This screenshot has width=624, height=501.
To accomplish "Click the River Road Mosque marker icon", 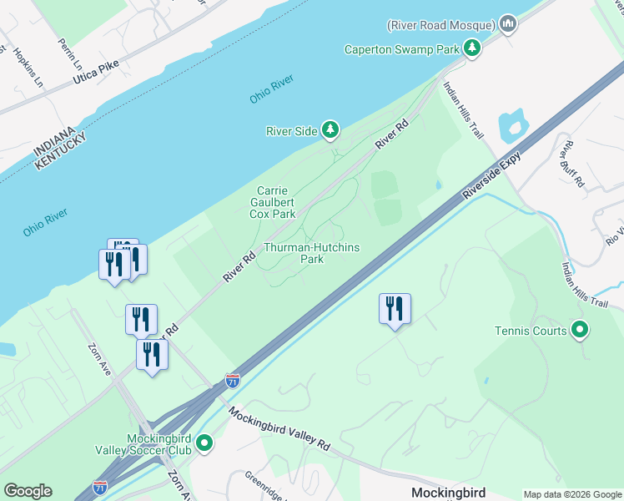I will [507, 23].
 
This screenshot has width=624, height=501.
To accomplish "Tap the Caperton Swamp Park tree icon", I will [472, 48].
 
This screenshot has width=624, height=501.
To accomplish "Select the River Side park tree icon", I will [331, 129].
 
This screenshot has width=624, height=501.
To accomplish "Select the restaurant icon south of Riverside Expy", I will [395, 308].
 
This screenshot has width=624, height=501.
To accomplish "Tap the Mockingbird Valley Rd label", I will [279, 430].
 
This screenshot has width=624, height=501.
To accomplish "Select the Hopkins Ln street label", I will [28, 68].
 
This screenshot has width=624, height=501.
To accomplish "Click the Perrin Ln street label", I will [71, 53].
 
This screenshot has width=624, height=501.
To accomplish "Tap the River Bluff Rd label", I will [573, 163].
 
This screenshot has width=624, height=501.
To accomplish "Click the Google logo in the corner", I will [28, 491].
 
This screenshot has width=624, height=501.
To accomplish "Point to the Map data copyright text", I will [572, 494].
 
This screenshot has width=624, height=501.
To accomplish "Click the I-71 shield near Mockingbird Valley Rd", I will [233, 381].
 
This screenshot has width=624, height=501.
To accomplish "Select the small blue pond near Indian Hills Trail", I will [511, 126].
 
